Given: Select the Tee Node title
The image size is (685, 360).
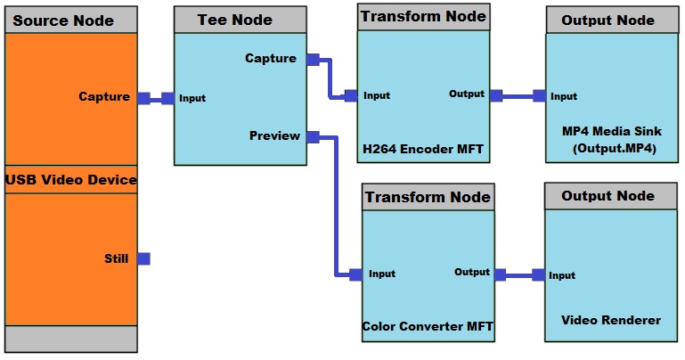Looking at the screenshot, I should (235, 20).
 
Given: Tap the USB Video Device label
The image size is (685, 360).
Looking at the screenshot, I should (71, 180).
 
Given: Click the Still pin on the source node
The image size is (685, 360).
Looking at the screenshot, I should (143, 259).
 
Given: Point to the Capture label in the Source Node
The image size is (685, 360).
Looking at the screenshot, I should (103, 97).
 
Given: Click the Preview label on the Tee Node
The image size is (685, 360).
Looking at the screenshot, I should (274, 136).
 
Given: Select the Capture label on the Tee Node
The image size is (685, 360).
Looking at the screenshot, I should (271, 59).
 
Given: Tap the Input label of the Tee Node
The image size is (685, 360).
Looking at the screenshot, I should (192, 98).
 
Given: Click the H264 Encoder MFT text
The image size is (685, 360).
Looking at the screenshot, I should (423, 149).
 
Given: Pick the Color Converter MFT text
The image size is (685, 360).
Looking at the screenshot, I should (427, 326).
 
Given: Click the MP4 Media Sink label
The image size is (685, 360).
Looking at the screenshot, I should (611, 131).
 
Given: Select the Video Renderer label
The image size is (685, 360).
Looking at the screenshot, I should (611, 319).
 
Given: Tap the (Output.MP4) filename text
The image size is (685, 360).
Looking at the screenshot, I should (614, 149).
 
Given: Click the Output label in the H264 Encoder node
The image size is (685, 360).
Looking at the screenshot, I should (467, 94).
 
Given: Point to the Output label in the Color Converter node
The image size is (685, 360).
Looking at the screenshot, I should (472, 272).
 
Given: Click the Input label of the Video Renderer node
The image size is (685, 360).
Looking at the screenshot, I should (562, 275).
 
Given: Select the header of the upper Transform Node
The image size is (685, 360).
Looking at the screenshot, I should (423, 16).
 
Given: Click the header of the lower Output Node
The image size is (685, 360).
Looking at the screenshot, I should (608, 196).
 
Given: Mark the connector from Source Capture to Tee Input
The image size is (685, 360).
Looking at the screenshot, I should (156, 98).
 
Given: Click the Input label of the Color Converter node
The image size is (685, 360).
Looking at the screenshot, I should (381, 274).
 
